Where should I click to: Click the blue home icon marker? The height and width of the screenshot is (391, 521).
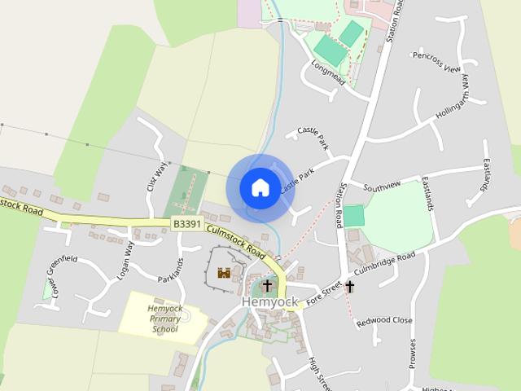[x=260, y=188]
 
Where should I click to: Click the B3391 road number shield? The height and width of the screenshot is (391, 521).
[x=187, y=222]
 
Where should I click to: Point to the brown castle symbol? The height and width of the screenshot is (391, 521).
[x=224, y=273]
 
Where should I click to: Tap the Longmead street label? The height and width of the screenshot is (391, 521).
[x=328, y=71]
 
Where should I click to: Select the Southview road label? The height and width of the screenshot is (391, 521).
[x=382, y=186]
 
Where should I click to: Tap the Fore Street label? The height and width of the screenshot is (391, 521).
[x=323, y=295]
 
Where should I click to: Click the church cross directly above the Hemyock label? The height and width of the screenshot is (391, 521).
[x=267, y=285]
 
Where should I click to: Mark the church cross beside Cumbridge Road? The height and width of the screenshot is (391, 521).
[x=350, y=286]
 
